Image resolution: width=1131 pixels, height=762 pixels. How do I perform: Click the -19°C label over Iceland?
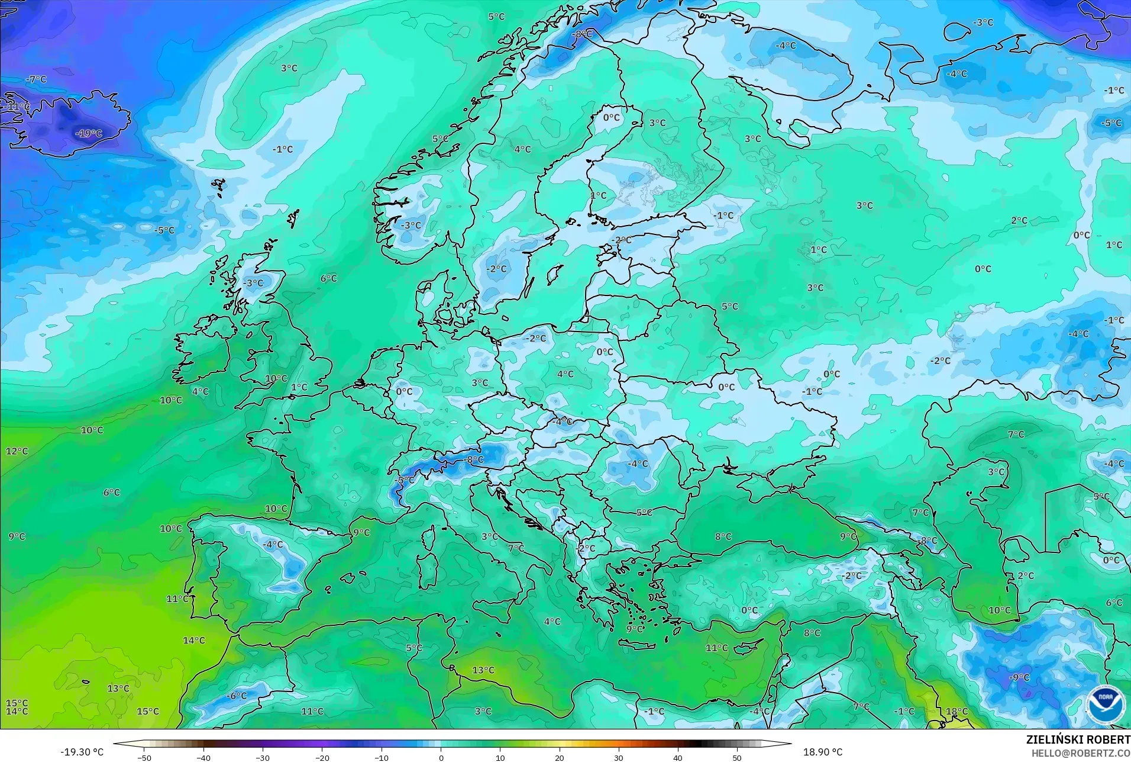89,134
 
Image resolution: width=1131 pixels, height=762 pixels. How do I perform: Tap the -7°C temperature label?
36,79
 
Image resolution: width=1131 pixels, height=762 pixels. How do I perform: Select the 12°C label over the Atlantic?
17,451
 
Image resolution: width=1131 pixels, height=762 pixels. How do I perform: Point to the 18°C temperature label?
956,712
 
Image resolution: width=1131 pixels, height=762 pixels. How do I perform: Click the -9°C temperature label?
1019,677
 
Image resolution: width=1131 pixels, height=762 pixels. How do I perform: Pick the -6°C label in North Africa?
237,696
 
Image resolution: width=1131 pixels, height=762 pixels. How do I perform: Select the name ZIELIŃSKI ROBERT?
1078,740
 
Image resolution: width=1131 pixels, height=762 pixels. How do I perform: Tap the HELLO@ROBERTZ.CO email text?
1081,754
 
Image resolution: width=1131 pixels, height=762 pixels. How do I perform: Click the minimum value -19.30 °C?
82,753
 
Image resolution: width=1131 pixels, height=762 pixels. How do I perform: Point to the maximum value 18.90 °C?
822,753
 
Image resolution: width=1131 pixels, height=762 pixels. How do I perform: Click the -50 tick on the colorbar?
144,758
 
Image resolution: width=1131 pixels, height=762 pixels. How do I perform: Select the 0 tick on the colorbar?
441,758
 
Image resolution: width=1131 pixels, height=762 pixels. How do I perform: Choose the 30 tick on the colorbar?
619,758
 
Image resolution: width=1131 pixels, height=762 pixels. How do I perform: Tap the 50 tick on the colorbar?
737,758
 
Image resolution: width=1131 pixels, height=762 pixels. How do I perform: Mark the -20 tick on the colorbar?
322,758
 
